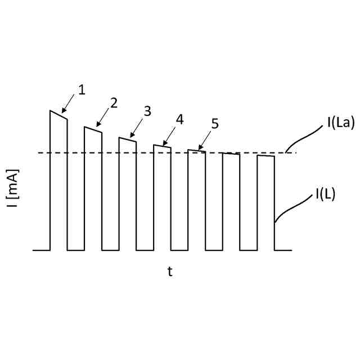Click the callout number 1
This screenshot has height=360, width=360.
click(82, 89)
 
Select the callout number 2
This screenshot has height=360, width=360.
click(114, 103)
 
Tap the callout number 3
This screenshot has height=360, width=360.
click(147, 111)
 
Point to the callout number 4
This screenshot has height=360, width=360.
click(179, 119)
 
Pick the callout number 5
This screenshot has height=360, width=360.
click(215, 124)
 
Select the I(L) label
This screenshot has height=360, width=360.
click(325, 195)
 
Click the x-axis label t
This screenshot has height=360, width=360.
click(169, 272)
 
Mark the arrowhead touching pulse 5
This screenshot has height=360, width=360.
click(199, 148)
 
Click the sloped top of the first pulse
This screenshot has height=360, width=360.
click(58, 115)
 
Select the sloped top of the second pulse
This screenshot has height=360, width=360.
click(93, 130)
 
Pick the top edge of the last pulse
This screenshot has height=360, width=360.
click(266, 156)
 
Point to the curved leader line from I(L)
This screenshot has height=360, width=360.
click(292, 208)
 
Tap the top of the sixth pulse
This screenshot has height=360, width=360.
click(231, 154)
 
